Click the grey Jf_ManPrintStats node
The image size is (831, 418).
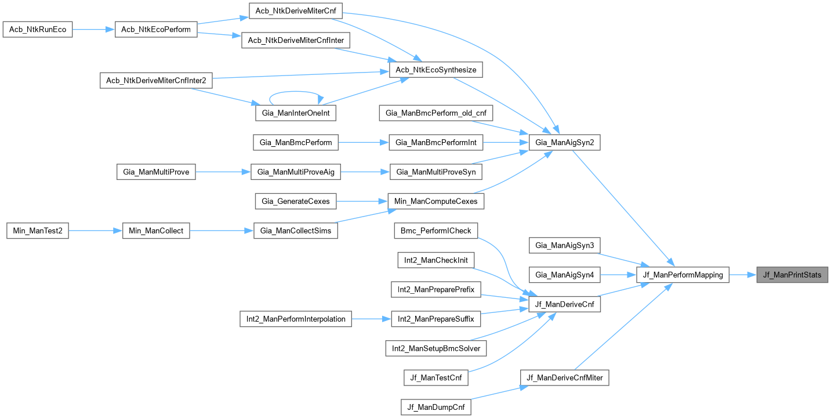tap(792, 275)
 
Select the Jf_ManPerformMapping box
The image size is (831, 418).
tap(683, 275)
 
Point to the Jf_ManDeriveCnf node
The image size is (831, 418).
tap(564, 304)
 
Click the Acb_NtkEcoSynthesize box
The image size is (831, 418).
tap(436, 70)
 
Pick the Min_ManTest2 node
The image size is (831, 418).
tap(38, 231)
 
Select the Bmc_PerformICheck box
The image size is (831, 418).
tap(436, 231)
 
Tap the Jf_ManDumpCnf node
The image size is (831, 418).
tap(436, 407)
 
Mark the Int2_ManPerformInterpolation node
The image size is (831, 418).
tap(296, 319)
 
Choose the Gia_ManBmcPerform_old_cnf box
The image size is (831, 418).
tap(436, 113)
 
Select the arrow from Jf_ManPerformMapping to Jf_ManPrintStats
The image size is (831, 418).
tap(742, 275)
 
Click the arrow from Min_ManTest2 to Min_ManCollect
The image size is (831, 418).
tap(96, 231)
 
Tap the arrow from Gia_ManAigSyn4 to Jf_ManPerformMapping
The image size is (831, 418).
tap(618, 275)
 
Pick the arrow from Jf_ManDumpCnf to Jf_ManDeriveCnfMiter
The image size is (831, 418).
tap(496, 392)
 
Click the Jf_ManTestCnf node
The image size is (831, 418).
tap(436, 378)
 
